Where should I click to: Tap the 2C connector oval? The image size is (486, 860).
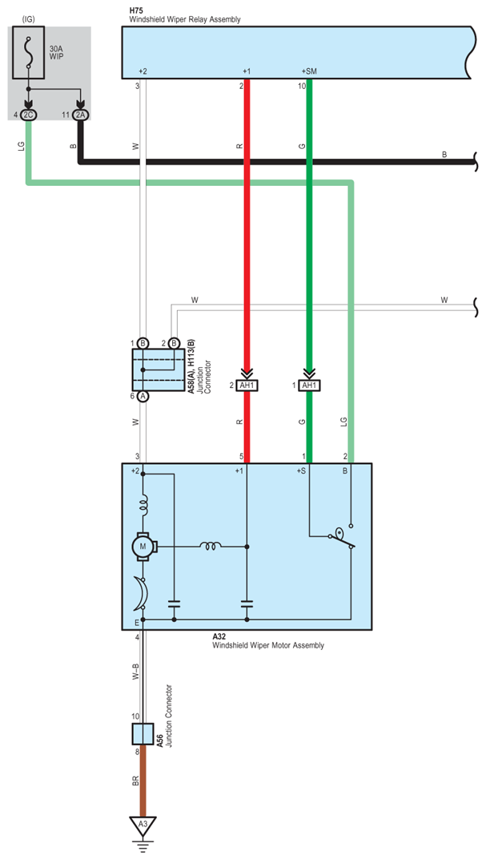tap(29, 115)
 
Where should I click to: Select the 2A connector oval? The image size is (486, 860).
tap(81, 115)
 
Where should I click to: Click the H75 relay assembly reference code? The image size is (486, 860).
tap(136, 10)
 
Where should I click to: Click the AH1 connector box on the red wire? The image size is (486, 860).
tap(247, 386)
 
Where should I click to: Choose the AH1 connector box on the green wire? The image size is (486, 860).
tap(309, 386)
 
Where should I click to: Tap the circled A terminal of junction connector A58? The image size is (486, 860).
tap(143, 396)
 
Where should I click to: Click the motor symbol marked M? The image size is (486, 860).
tap(143, 547)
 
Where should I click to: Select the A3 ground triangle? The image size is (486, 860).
tap(143, 826)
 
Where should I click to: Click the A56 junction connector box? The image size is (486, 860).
tap(143, 733)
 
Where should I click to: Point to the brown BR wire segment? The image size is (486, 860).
tap(143, 780)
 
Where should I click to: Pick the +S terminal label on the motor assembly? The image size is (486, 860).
tap(302, 471)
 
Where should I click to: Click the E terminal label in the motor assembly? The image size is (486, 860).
tap(136, 623)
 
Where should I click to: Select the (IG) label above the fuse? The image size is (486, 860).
tap(28, 20)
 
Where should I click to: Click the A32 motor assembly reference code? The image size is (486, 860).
tap(219, 637)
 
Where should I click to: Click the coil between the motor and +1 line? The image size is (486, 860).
tap(211, 546)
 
